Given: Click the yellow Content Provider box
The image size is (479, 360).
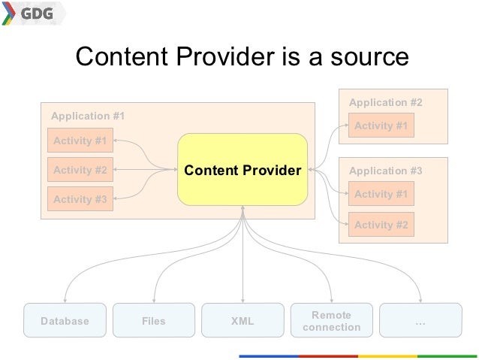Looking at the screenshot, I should [243, 171].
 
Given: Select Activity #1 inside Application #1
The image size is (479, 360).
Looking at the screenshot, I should [80, 141].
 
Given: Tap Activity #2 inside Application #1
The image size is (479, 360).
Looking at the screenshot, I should [80, 171].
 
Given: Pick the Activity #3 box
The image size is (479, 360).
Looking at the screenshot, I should [80, 199].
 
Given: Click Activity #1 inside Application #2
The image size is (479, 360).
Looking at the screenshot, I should [381, 126].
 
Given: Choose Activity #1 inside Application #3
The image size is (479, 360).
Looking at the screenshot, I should [381, 194].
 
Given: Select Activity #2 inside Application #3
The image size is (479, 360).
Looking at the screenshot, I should [381, 225].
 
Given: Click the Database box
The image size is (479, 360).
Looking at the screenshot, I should [65, 321].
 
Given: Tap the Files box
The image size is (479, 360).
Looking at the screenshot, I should [153, 321].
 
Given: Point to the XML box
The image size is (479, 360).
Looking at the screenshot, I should [243, 321].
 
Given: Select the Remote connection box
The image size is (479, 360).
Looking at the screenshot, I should [331, 321].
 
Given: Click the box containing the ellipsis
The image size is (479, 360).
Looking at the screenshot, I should [420, 321].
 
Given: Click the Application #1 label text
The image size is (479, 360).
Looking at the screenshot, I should [88, 116].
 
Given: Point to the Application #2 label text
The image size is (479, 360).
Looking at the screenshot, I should [386, 102].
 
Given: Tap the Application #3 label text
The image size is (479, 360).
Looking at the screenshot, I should [386, 171].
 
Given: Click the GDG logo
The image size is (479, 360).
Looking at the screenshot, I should [33, 14].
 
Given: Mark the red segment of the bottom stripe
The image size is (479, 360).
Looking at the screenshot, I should [328, 355].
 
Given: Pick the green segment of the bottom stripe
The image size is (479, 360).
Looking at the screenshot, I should [447, 355].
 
